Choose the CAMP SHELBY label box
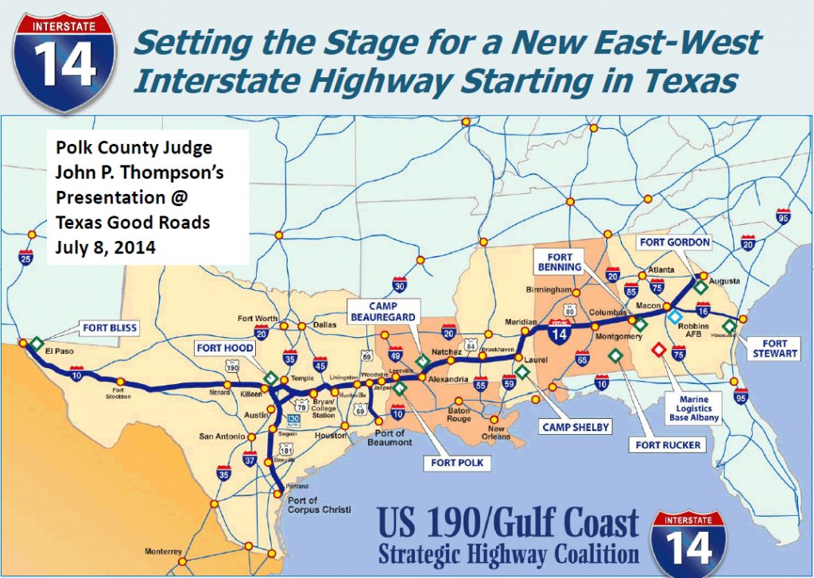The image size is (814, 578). (x=575, y=427)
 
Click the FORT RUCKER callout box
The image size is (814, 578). (x=668, y=444)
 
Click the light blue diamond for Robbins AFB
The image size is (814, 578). (x=674, y=317)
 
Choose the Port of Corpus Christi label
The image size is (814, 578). (x=312, y=504)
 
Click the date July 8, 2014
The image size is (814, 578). (x=107, y=246)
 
